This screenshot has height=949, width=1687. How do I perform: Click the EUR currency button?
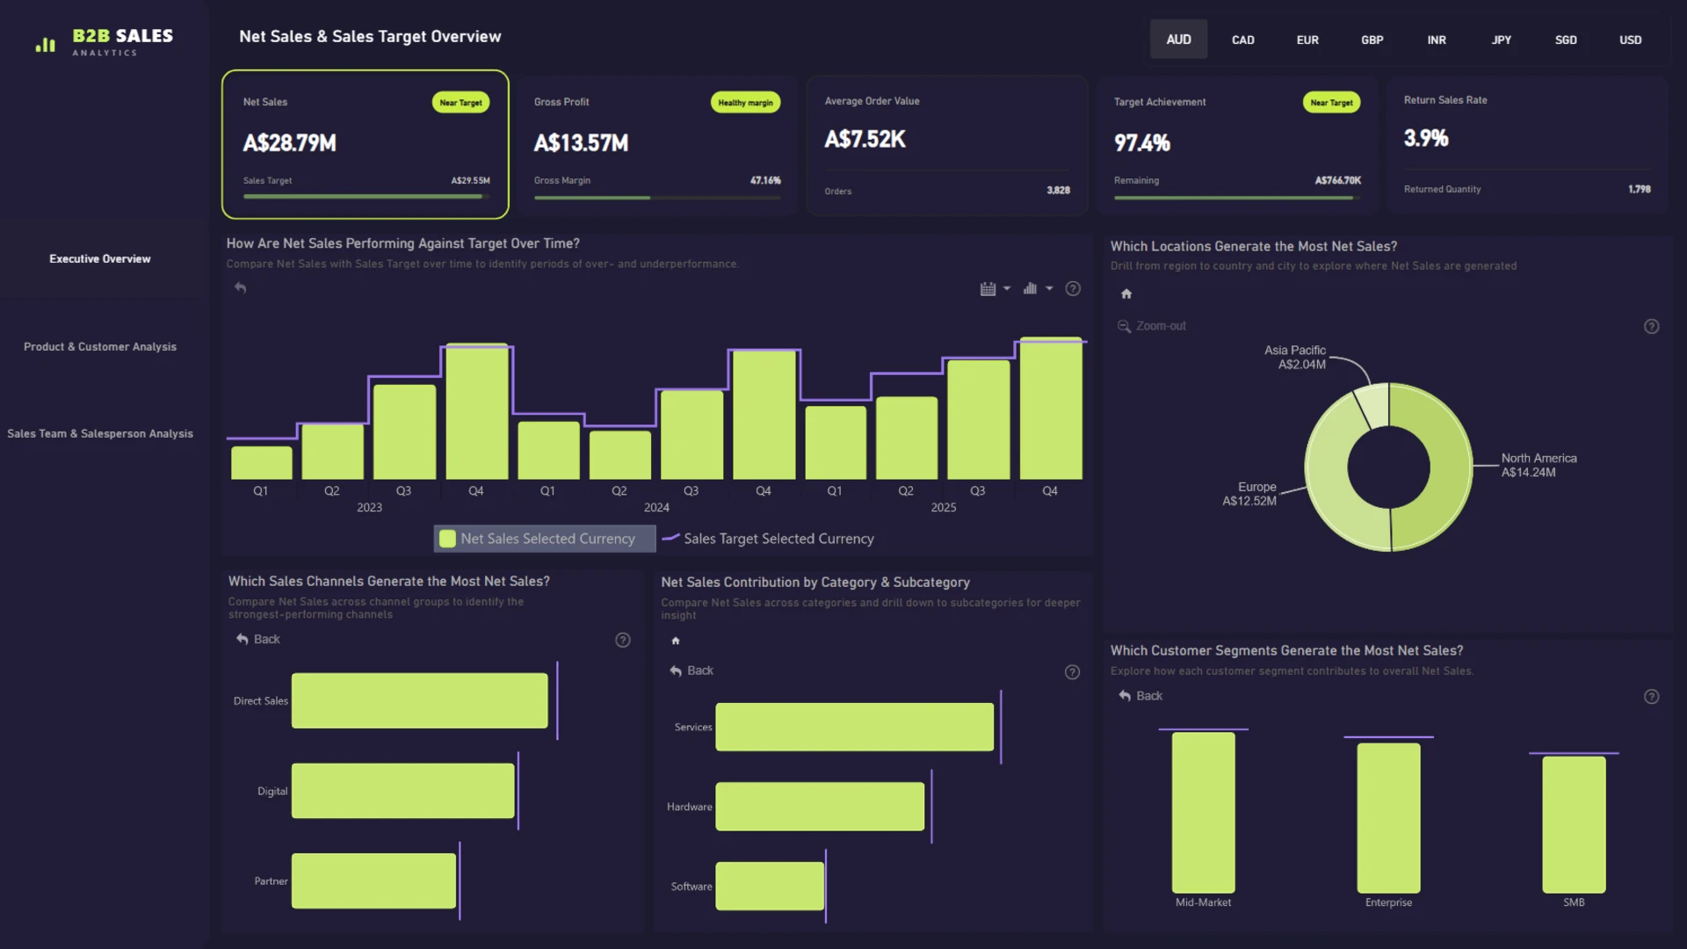1307,40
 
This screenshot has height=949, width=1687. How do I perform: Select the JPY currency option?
1502,40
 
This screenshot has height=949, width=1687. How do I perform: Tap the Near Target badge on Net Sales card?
460,103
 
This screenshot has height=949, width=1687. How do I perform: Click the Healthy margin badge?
745,103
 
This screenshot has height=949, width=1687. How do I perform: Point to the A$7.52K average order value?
865,139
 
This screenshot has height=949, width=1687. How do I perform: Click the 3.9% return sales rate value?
1426,138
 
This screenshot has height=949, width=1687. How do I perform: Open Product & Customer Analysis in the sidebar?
100,347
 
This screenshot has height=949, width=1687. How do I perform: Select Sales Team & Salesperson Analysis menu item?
100,434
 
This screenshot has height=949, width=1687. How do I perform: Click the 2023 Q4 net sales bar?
476,411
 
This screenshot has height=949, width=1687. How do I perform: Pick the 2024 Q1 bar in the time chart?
548,451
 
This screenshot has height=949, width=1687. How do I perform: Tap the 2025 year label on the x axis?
943,508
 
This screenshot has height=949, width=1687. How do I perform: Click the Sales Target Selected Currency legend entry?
768,539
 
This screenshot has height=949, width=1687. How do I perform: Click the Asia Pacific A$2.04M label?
1295,358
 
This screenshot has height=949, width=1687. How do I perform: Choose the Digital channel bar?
403,791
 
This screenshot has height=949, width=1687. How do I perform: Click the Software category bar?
770,887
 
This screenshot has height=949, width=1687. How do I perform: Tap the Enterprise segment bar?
1388,818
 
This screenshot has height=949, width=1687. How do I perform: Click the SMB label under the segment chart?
1574,902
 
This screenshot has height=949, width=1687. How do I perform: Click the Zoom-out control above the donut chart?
1151,326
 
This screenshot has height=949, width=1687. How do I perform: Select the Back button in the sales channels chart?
257,640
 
